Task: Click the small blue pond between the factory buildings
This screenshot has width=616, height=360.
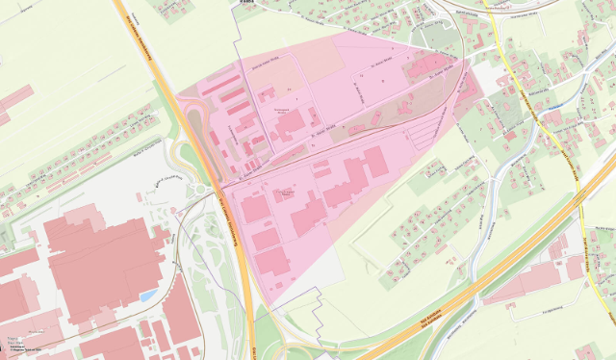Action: tap(147, 295)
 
